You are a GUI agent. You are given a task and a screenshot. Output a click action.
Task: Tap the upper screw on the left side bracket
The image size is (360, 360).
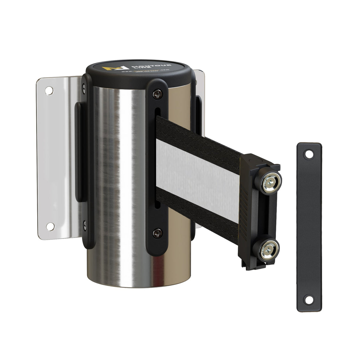point(83,87)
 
